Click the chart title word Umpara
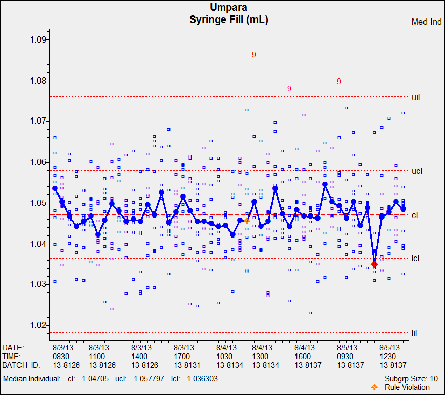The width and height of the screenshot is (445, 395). (x=229, y=7)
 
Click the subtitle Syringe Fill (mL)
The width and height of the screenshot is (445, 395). (x=229, y=20)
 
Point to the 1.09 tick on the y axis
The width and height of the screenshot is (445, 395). (x=38, y=40)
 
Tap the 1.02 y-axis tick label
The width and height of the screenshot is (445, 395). (x=38, y=325)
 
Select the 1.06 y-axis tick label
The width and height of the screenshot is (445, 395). (x=38, y=162)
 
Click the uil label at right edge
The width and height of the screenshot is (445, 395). (x=416, y=97)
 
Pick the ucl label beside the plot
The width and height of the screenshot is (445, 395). (x=416, y=171)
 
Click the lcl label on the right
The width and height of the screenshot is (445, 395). (x=415, y=259)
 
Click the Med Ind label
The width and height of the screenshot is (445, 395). (x=427, y=22)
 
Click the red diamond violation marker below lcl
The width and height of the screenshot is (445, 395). (x=374, y=264)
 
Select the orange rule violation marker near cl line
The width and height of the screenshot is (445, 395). (x=247, y=221)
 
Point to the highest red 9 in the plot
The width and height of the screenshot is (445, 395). (x=253, y=55)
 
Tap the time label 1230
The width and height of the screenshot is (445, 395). (x=388, y=357)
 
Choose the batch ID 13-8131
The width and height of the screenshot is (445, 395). (x=187, y=365)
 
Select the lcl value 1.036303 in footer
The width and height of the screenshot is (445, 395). (x=203, y=379)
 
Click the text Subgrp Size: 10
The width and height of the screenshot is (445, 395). (x=411, y=379)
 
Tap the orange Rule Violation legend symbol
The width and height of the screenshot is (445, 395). (x=374, y=387)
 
